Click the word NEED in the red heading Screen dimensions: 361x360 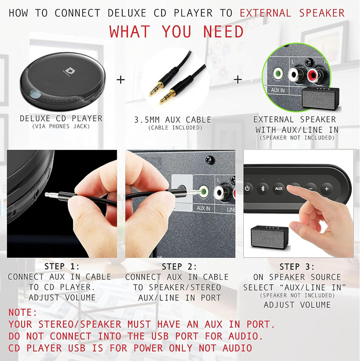pyautogui.click(x=223, y=32)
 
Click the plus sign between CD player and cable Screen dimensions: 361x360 pyautogui.click(x=121, y=80)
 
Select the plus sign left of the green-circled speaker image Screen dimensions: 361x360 pyautogui.click(x=238, y=79)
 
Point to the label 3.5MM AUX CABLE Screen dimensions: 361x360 pyautogui.click(x=173, y=120)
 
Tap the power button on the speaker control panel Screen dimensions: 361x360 pyautogui.click(x=247, y=189)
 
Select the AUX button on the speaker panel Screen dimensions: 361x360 pyautogui.click(x=278, y=189)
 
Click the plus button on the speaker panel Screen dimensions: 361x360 pyautogui.click(x=326, y=189)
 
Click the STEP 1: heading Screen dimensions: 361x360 pyautogui.click(x=62, y=267)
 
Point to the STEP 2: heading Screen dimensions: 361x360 pyautogui.click(x=179, y=267)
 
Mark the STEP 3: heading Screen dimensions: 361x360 pyautogui.click(x=297, y=267)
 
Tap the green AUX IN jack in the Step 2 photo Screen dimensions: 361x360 pyautogui.click(x=203, y=191)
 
